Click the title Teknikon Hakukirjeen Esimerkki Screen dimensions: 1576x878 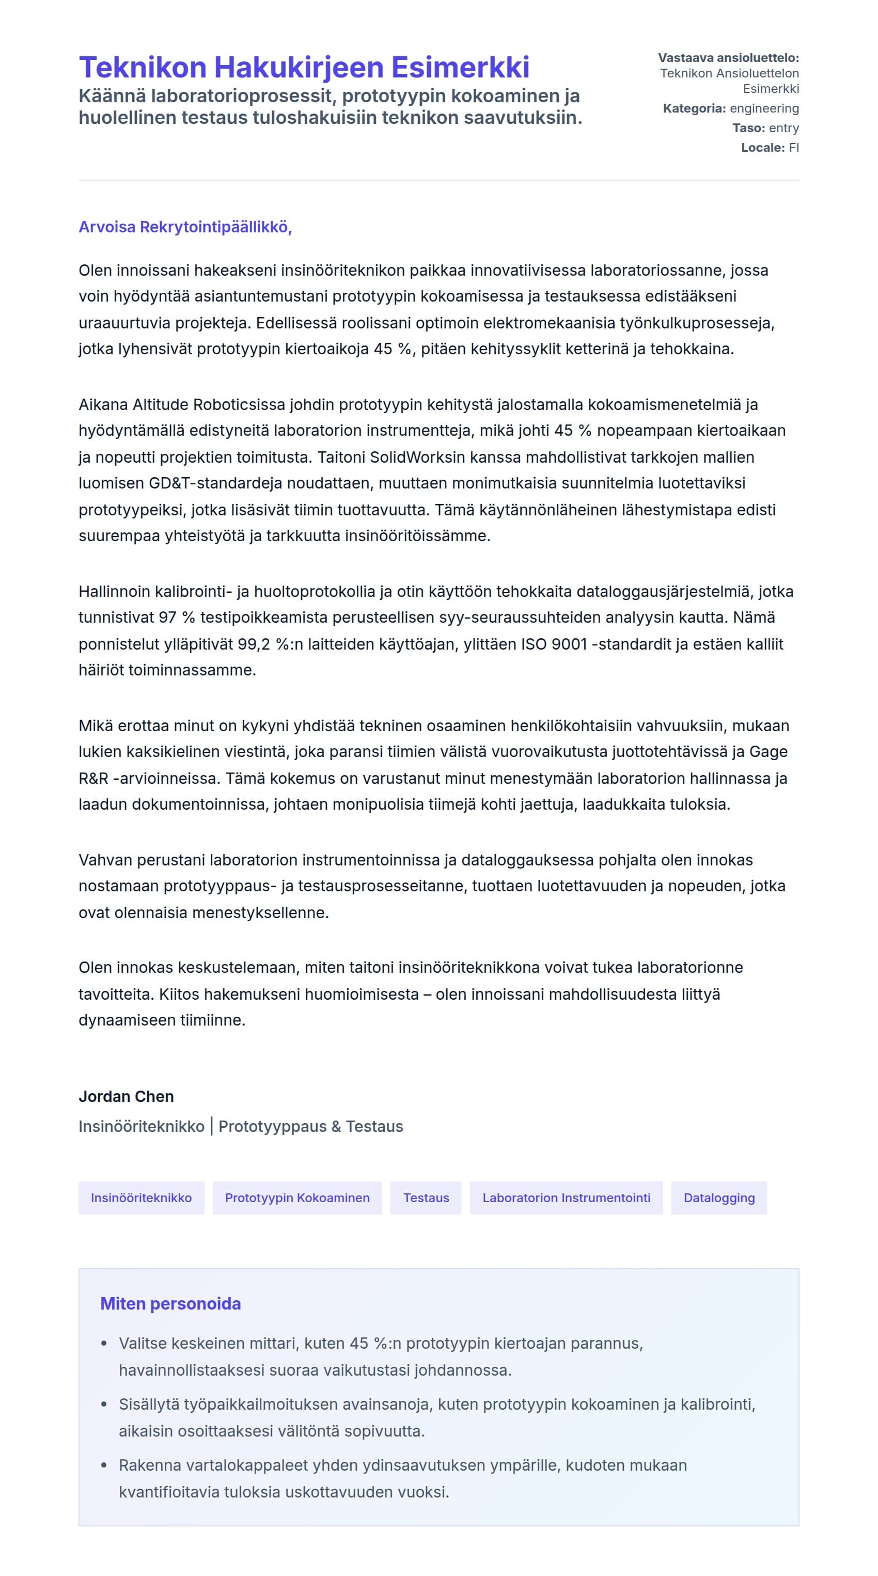pos(304,67)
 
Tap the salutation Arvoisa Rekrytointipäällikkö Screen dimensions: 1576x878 pos(185,227)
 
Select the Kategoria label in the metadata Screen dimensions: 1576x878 pos(694,108)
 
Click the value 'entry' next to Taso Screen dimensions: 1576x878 pos(784,128)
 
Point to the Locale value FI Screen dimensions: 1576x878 pos(794,148)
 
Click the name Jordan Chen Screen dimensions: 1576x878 pos(126,1096)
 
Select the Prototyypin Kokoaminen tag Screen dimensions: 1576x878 pos(297,1197)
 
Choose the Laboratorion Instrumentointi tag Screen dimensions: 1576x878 pos(566,1197)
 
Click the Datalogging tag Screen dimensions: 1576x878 pos(718,1197)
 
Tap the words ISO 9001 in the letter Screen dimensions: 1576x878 pos(554,644)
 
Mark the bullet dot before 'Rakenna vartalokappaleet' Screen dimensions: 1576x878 pos(104,1466)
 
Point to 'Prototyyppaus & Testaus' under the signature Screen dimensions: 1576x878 pos(310,1126)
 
